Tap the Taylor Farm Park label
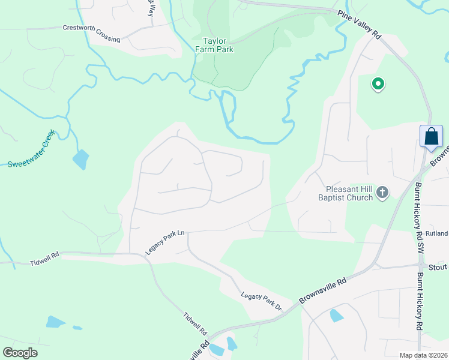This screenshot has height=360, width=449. click(214, 45)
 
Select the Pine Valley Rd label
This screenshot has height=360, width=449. click(359, 25)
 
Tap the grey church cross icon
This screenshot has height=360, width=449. click(382, 193)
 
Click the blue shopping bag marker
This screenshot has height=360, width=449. click(431, 136)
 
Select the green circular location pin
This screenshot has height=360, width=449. click(378, 84)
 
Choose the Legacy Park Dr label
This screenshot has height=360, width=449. click(262, 301)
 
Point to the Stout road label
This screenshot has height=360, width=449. click(437, 266)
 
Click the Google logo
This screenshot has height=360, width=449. click(20, 352)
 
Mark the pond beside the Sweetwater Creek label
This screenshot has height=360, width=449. click(80, 160)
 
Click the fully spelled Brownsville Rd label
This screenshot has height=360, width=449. click(325, 289)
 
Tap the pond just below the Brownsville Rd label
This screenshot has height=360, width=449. click(337, 316)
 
